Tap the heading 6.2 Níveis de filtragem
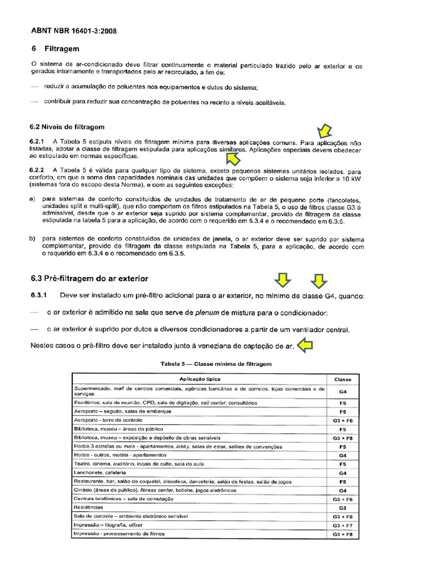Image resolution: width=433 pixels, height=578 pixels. [x=67, y=126]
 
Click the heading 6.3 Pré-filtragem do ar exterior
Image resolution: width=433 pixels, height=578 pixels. [x=90, y=279]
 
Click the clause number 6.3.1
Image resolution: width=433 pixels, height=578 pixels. [x=39, y=296]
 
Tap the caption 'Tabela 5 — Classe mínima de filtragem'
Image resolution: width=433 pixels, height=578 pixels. [x=216, y=364]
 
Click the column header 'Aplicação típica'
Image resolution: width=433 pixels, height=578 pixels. [x=200, y=379]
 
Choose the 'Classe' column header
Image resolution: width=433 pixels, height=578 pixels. [x=343, y=379]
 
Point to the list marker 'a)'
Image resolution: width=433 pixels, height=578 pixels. [x=32, y=199]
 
